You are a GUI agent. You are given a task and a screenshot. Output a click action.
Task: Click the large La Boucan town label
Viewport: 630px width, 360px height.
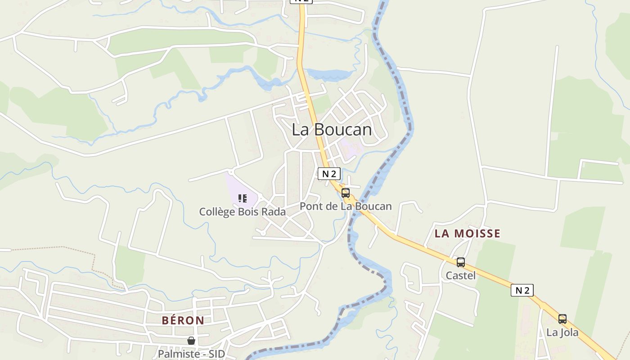click(x=332, y=130)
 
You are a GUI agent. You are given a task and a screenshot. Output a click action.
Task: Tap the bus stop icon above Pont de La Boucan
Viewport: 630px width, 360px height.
click(x=346, y=193)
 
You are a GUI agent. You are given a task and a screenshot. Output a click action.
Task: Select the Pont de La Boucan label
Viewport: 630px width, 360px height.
click(x=346, y=207)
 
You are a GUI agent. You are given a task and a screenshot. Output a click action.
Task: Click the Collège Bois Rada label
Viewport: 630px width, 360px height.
click(x=243, y=211)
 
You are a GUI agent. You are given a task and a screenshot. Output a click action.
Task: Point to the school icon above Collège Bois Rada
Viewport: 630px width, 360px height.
click(x=243, y=198)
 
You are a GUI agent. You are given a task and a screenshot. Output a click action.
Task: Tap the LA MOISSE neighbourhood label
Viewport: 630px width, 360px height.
click(x=467, y=233)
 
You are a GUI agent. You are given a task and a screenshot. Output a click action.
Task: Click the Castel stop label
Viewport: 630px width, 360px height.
click(x=460, y=275)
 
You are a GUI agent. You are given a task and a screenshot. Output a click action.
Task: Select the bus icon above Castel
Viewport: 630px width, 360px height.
click(x=460, y=262)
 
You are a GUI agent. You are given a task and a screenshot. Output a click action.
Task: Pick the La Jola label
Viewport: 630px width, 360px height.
click(x=562, y=333)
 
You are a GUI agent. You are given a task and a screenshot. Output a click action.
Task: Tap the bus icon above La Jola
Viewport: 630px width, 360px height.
click(x=562, y=319)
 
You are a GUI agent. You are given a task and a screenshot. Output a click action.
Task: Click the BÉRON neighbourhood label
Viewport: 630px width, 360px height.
click(x=183, y=320)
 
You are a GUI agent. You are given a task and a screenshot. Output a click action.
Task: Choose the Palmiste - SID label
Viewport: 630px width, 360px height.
click(x=191, y=354)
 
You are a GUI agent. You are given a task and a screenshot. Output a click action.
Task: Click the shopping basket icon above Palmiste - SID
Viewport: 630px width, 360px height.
click(x=191, y=341)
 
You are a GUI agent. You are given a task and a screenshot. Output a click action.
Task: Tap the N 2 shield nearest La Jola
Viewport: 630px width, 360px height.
click(x=522, y=290)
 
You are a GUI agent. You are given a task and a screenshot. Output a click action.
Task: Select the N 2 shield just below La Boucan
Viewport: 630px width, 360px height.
click(x=329, y=174)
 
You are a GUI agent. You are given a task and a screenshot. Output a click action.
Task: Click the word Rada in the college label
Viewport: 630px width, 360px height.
click(x=273, y=211)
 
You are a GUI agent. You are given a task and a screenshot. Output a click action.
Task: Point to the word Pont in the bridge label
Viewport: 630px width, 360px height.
click(x=310, y=207)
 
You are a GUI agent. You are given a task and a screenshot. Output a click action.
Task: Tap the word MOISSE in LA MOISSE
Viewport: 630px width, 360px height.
click(x=477, y=233)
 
